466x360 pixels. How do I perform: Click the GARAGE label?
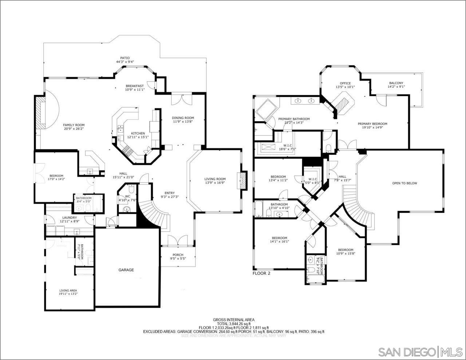click(126, 270)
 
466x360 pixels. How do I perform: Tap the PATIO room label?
click(125, 58)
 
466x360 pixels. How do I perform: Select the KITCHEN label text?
click(138, 133)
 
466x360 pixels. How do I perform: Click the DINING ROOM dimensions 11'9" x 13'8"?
click(183, 122)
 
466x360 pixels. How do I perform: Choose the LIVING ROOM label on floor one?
click(215, 179)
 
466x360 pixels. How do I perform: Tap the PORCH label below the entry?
click(178, 255)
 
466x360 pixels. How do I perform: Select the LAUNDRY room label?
click(68, 218)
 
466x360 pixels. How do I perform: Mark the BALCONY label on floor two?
click(396, 83)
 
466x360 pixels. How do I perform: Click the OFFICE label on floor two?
click(345, 83)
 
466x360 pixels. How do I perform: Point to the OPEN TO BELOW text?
click(404, 183)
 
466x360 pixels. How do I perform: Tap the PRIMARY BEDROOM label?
click(375, 124)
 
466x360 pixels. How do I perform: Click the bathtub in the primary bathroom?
click(266, 110)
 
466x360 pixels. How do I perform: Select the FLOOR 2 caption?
click(261, 273)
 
